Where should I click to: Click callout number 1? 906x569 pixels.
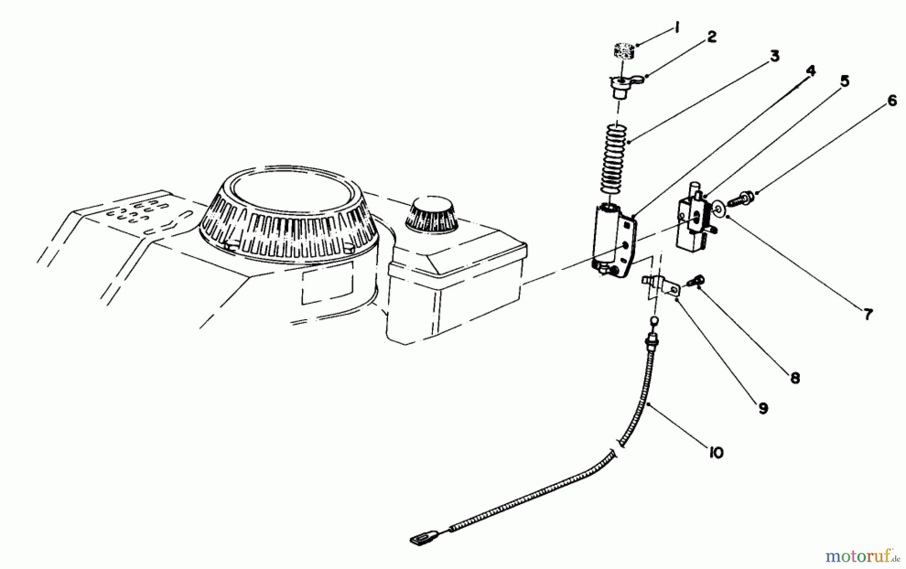677,28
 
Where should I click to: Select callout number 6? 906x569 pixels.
891,101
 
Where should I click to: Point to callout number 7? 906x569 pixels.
868,315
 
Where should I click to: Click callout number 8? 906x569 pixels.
795,378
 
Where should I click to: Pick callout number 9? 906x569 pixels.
763,408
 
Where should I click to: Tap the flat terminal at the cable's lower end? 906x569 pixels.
420,540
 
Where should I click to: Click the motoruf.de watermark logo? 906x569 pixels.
862,556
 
